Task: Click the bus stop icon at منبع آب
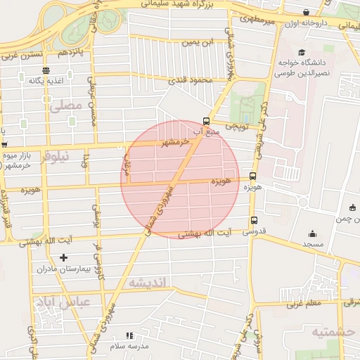(x=205, y=120)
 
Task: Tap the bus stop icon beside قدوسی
(x=253, y=220)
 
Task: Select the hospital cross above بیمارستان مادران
(x=64, y=258)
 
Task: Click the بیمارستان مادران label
(x=65, y=269)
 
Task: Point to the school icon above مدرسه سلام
(x=128, y=336)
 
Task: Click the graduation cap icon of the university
(x=302, y=53)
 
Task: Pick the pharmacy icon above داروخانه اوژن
(x=307, y=13)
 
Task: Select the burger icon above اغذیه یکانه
(x=46, y=70)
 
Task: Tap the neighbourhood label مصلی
(x=66, y=105)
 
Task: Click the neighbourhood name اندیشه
(x=146, y=283)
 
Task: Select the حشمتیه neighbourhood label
(x=333, y=331)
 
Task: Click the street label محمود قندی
(x=191, y=81)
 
